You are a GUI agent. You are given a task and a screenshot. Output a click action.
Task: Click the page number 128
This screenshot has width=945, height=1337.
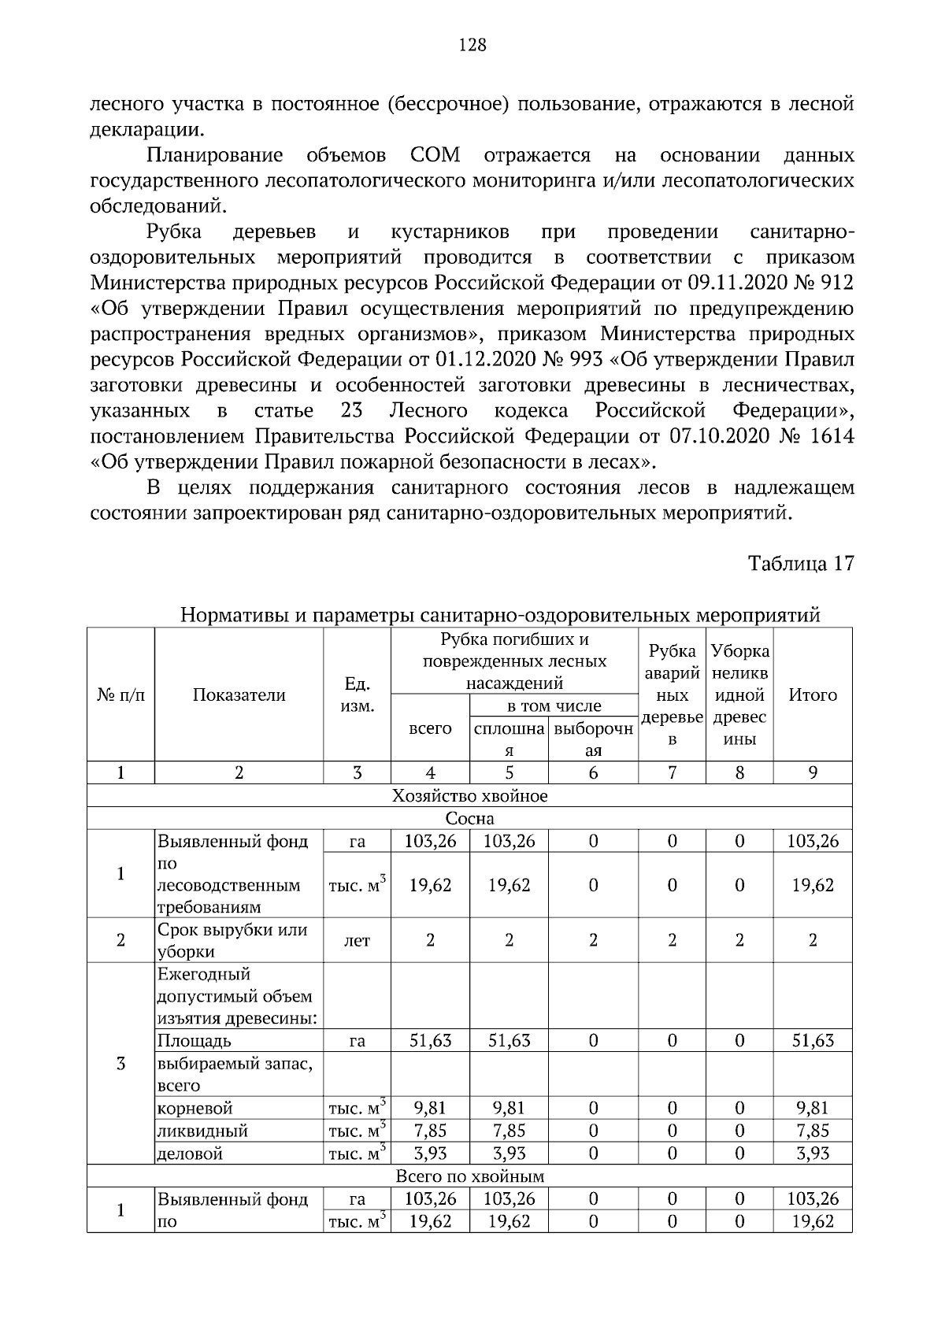click(x=472, y=45)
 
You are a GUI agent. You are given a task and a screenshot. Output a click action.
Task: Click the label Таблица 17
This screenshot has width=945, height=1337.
click(x=801, y=565)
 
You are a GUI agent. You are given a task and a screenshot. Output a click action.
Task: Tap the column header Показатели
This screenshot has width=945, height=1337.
click(x=239, y=695)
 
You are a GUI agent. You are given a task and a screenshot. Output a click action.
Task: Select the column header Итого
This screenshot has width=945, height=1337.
click(x=813, y=695)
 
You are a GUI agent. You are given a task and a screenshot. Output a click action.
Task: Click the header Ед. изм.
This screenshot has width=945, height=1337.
click(x=357, y=695)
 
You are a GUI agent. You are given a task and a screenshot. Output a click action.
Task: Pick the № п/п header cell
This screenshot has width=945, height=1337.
click(x=120, y=695)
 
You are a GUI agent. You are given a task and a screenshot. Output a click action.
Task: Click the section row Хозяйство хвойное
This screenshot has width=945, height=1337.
click(x=469, y=796)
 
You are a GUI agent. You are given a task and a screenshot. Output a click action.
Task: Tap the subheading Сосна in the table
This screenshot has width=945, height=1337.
click(x=469, y=819)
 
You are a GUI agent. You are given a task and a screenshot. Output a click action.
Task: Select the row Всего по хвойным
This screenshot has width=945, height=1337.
click(x=469, y=1176)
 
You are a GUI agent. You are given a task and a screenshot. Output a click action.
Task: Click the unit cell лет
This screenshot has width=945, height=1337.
click(x=357, y=940)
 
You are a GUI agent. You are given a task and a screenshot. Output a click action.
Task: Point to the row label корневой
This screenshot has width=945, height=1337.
click(x=195, y=1109)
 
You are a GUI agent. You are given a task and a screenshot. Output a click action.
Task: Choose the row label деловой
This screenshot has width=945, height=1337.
click(x=191, y=1154)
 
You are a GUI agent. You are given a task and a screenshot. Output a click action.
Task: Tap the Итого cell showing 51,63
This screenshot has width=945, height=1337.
click(x=813, y=1041)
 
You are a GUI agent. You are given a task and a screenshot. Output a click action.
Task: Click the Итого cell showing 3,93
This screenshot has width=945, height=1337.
click(x=813, y=1154)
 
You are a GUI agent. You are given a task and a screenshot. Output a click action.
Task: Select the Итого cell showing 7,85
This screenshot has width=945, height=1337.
click(x=813, y=1131)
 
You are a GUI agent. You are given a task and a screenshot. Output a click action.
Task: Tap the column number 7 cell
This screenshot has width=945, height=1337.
click(x=672, y=773)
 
